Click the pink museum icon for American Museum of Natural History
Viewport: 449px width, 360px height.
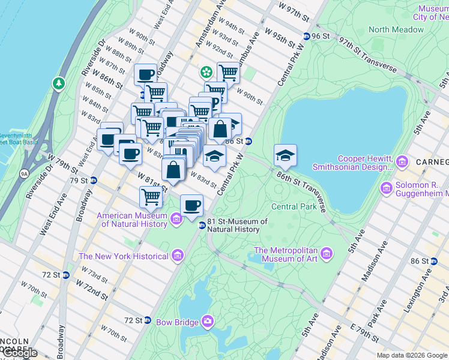click(x=176, y=219)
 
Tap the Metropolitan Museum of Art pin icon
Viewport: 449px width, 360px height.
click(x=327, y=253)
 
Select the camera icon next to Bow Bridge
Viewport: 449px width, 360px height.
click(x=208, y=322)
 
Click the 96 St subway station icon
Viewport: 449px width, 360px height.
click(x=307, y=36)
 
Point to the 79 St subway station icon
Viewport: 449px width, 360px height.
click(x=93, y=180)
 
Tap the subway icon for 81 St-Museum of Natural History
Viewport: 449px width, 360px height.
click(x=202, y=225)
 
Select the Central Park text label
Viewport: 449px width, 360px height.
click(x=294, y=206)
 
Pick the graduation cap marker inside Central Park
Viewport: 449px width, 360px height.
click(x=285, y=155)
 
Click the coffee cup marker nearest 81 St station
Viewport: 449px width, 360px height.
click(x=191, y=206)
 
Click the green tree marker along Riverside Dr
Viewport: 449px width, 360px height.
click(x=59, y=82)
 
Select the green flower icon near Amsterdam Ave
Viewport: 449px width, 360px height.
click(x=206, y=72)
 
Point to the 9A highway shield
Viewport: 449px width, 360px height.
click(x=23, y=174)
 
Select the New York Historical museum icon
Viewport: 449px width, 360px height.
click(x=177, y=256)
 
